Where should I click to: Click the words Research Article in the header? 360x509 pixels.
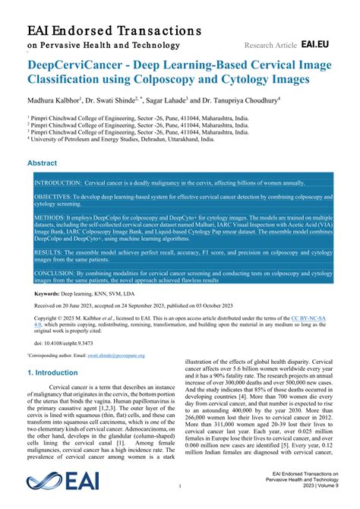coord(270,46)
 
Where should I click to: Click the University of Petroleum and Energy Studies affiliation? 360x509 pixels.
coord(103,139)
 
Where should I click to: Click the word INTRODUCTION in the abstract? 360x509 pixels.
coord(57,184)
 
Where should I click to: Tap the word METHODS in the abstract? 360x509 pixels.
coord(49,217)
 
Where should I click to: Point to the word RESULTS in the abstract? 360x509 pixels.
coord(48,251)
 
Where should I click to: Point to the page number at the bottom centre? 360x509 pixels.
coord(180,485)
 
